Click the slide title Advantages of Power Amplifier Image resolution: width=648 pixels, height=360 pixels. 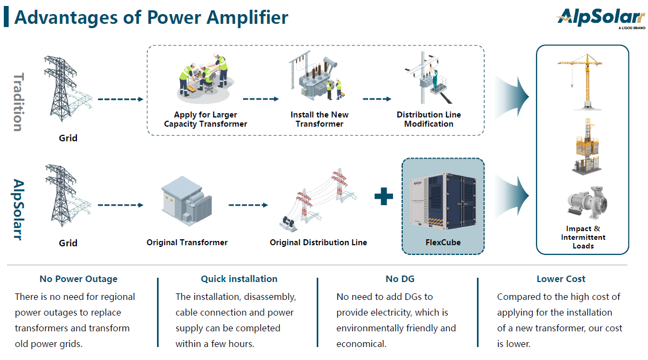(x=151, y=17)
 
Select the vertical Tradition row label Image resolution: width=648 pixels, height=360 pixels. (x=17, y=102)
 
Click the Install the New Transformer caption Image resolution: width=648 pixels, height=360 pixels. (x=319, y=119)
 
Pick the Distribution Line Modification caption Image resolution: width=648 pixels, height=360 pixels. (x=429, y=119)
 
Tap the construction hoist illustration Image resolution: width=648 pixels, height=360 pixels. (x=582, y=147)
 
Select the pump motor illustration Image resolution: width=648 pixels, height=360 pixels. (x=583, y=203)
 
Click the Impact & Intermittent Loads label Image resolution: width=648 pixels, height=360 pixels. (x=583, y=237)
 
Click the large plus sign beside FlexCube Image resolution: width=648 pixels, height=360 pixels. (x=384, y=196)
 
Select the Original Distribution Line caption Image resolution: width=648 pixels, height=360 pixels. (x=318, y=243)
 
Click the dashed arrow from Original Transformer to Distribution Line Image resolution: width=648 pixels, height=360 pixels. (x=248, y=205)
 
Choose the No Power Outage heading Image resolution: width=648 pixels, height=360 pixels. (x=78, y=279)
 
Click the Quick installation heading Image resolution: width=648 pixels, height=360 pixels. (x=239, y=279)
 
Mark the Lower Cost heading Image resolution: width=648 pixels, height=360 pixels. (x=561, y=279)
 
